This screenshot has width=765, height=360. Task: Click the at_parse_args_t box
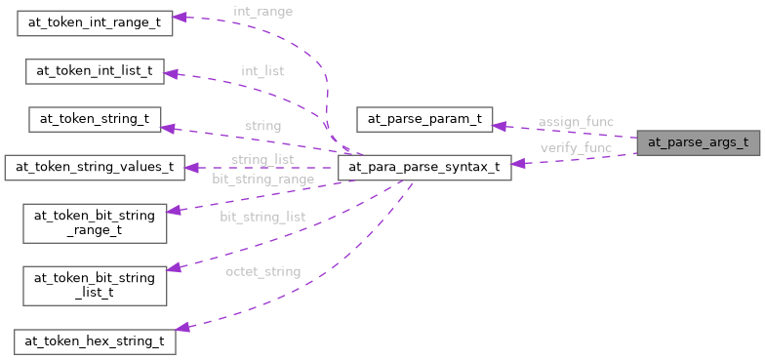click(x=698, y=142)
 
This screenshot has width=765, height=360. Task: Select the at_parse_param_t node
click(x=425, y=120)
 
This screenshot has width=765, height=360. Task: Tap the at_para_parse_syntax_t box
click(x=423, y=167)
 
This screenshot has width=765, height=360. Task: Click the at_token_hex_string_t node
click(x=95, y=341)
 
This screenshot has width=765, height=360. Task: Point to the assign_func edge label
click(x=576, y=122)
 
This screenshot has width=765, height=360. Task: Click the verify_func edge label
click(x=576, y=148)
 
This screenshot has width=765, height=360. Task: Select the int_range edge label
click(x=262, y=12)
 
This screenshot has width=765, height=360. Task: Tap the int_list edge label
click(x=262, y=71)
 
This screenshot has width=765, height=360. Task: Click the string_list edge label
click(x=262, y=159)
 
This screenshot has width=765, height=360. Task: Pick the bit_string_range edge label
click(x=262, y=180)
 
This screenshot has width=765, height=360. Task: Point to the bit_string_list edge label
click(x=262, y=216)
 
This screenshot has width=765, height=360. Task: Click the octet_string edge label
click(x=262, y=270)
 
